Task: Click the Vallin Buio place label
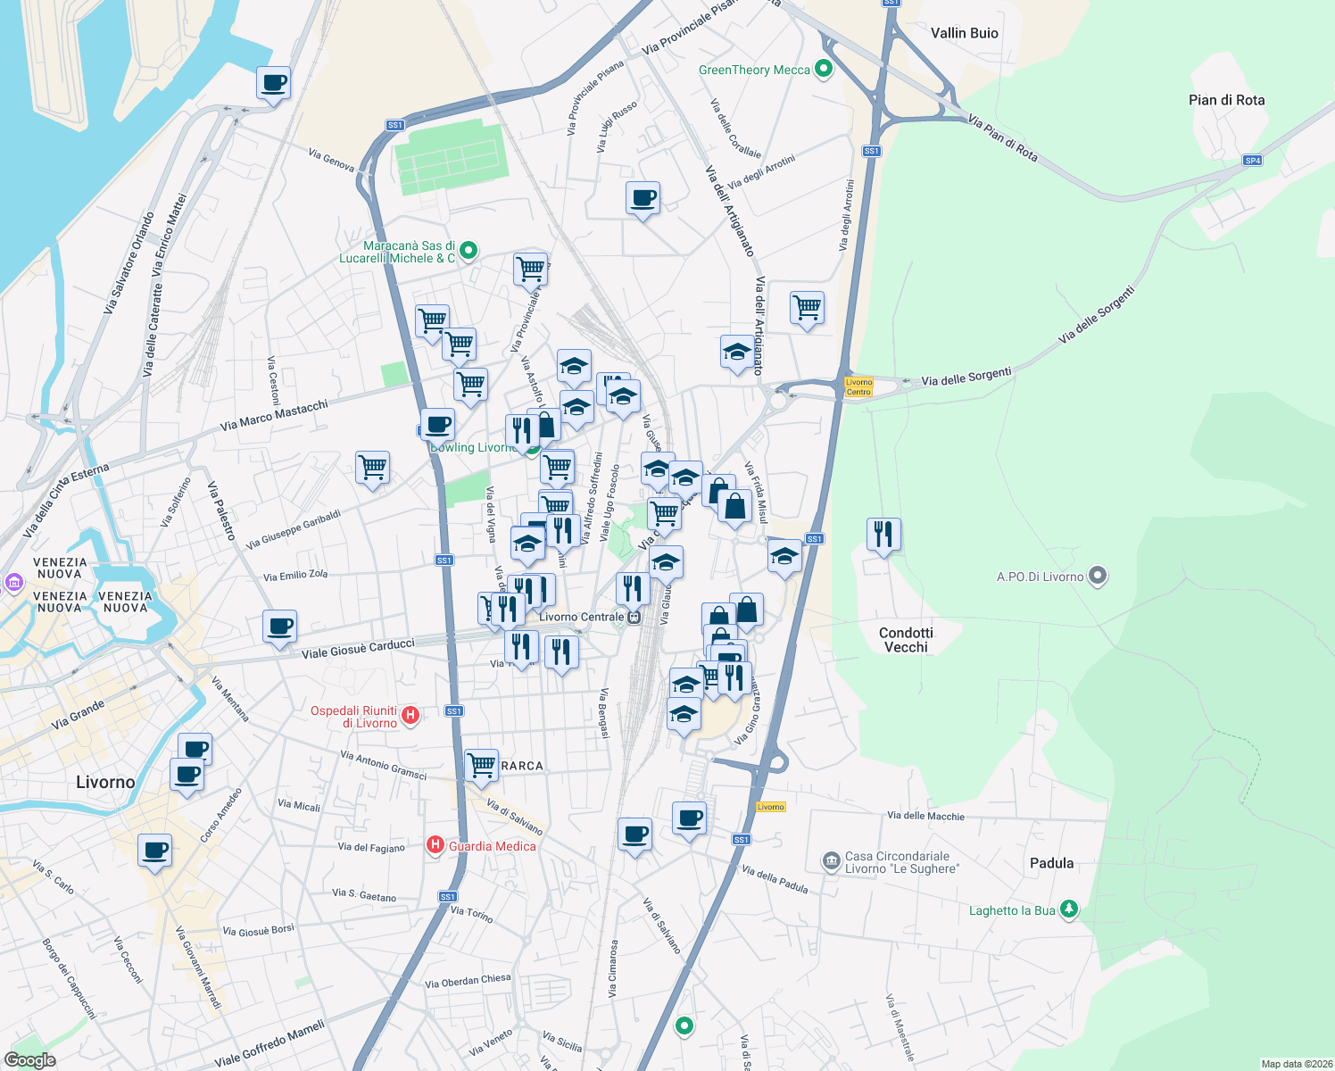pos(964,33)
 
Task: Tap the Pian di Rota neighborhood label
pos(1226,100)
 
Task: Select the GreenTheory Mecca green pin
pos(824,69)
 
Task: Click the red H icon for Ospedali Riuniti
pos(410,715)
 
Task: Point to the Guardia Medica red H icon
pos(435,845)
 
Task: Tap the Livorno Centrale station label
pos(582,617)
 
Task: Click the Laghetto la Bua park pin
pos(1069,909)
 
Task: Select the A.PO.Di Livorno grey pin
pos(1099,577)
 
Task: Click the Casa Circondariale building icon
pos(831,861)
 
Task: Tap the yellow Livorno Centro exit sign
pos(858,386)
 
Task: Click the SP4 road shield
pos(1253,161)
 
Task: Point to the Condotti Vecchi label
pos(906,640)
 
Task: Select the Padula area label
pos(1051,863)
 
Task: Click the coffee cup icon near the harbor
pos(273,84)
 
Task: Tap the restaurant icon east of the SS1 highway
pos(883,535)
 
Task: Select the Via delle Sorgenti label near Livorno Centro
pos(966,377)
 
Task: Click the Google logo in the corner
pos(29,1060)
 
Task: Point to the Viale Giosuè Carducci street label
pos(358,649)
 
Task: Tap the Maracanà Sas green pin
pos(468,252)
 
